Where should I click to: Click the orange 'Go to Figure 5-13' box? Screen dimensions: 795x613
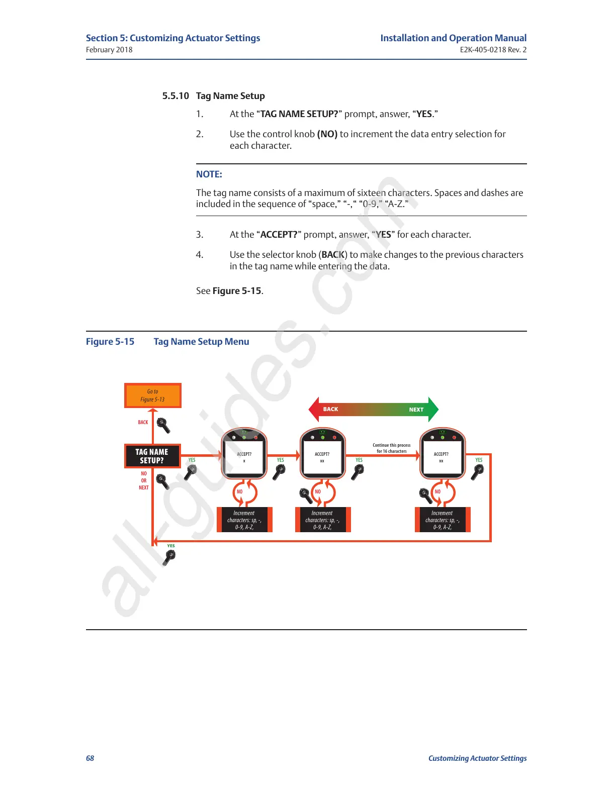tap(152, 395)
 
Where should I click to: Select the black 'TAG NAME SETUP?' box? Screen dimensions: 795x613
tap(152, 456)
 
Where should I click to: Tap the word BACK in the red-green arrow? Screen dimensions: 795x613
tap(330, 409)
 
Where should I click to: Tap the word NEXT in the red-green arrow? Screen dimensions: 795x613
tap(416, 410)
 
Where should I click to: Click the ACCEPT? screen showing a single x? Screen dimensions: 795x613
tap(244, 457)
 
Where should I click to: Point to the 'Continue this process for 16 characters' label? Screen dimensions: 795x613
tap(391, 448)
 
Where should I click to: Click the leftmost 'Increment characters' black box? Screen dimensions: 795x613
tap(244, 520)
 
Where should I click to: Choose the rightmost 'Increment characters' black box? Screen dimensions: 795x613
tap(443, 520)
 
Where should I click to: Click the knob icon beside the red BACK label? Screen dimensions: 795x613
tap(163, 425)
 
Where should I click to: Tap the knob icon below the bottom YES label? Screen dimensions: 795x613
tap(170, 557)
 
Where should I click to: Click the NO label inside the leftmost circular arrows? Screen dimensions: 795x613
tap(240, 492)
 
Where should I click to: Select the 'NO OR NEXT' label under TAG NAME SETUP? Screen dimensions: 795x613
tap(144, 481)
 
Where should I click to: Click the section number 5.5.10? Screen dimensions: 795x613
tap(176, 96)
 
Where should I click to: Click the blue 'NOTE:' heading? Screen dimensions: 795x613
tap(209, 174)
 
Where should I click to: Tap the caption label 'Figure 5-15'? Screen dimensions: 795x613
tap(110, 342)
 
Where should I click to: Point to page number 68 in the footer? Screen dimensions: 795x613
tap(90, 758)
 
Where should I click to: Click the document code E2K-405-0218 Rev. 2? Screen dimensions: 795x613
tap(493, 50)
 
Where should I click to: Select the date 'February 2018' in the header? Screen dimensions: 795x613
tap(109, 50)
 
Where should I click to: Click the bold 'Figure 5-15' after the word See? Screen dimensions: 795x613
tap(237, 291)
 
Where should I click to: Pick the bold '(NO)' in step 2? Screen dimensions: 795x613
tap(327, 134)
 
